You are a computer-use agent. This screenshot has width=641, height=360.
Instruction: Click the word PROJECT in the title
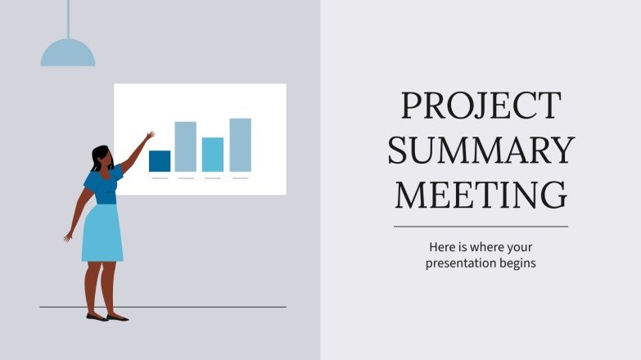[x=481, y=106]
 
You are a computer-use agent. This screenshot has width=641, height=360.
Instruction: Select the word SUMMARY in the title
[x=481, y=151]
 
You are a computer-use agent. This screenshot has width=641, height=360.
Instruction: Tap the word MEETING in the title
[x=481, y=195]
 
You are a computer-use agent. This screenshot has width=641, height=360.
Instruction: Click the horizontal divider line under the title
[x=481, y=227]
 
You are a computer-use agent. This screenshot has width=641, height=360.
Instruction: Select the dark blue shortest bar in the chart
[x=160, y=161]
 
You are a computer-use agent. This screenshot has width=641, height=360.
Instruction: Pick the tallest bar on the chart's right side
[x=240, y=145]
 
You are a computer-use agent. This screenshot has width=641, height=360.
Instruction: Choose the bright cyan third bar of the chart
[x=213, y=155]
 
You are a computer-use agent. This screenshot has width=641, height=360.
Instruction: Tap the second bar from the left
[x=186, y=146]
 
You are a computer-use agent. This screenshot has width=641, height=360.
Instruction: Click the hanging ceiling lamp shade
[x=68, y=54]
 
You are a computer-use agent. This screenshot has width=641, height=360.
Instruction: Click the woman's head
[x=101, y=156]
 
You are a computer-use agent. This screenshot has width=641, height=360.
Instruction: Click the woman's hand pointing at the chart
[x=150, y=135]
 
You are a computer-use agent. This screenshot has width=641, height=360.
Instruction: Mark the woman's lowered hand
[x=68, y=237]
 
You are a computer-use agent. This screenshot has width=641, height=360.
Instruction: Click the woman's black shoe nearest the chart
[x=118, y=317]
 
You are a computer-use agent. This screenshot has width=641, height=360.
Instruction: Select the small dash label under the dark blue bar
[x=160, y=178]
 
